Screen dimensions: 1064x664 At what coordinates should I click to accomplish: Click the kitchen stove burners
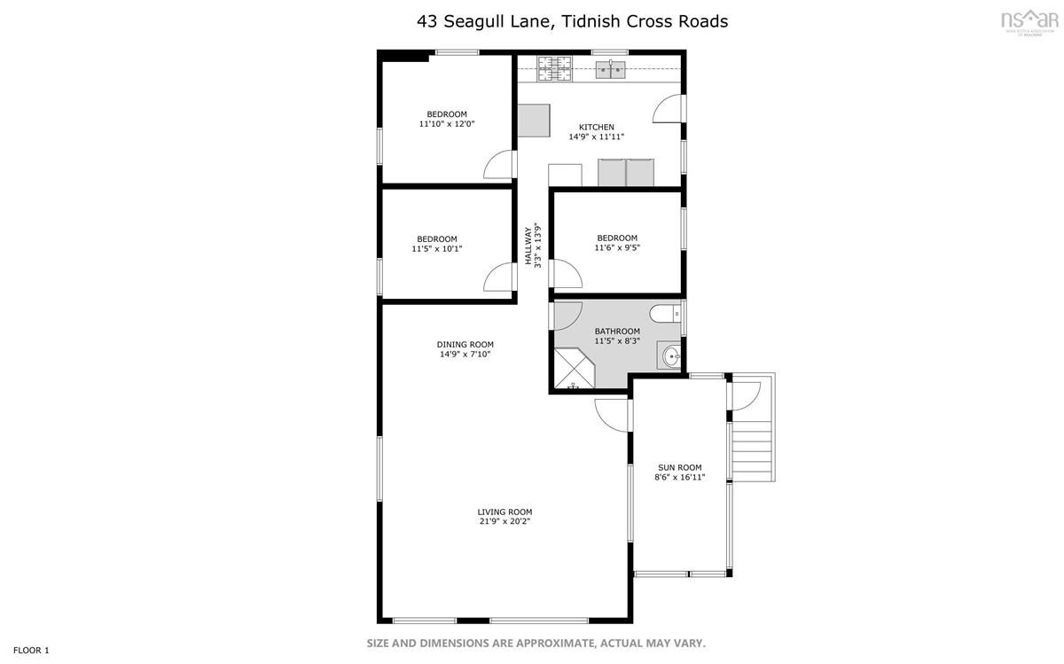click(x=554, y=68)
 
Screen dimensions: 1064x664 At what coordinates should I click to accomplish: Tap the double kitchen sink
click(x=611, y=70)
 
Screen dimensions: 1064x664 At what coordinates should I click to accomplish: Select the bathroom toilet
click(x=665, y=314)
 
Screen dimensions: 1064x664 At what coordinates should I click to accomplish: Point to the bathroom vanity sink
click(x=669, y=355)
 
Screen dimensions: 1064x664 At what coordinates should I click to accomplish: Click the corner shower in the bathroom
click(x=574, y=369)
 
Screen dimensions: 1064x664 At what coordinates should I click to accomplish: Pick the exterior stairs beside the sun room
click(x=752, y=452)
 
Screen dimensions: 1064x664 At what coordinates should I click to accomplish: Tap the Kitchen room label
click(x=597, y=128)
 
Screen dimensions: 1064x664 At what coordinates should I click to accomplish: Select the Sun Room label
click(x=680, y=467)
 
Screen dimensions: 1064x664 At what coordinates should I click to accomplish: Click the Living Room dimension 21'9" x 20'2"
click(x=505, y=521)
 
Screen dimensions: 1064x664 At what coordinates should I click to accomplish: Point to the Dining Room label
click(x=465, y=344)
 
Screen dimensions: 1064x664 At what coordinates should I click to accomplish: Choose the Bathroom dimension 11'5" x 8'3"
click(x=617, y=340)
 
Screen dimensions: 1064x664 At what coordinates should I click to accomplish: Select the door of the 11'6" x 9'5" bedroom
click(x=567, y=274)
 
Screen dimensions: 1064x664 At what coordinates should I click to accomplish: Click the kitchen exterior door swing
click(x=669, y=109)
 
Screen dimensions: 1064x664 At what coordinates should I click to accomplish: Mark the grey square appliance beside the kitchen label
click(x=534, y=121)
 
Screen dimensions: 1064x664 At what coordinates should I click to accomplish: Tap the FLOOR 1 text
click(x=31, y=650)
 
